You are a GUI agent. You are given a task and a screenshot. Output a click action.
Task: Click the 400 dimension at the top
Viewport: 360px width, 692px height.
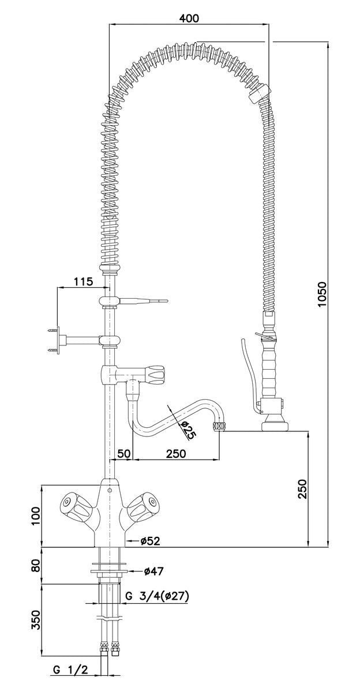pyautogui.click(x=189, y=18)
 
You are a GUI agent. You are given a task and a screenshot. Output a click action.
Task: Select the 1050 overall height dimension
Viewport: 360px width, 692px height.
pyautogui.click(x=322, y=295)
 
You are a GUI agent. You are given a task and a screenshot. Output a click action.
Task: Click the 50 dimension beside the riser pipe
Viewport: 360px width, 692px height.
pyautogui.click(x=124, y=453)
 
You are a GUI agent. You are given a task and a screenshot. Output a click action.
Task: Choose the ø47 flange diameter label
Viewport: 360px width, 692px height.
pyautogui.click(x=154, y=571)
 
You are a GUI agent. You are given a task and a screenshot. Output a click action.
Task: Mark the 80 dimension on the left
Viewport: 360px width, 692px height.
pyautogui.click(x=36, y=565)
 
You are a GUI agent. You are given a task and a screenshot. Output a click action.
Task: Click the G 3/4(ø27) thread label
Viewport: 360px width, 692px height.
pyautogui.click(x=157, y=595)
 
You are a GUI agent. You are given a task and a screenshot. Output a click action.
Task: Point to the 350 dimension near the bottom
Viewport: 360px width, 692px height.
pyautogui.click(x=36, y=620)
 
